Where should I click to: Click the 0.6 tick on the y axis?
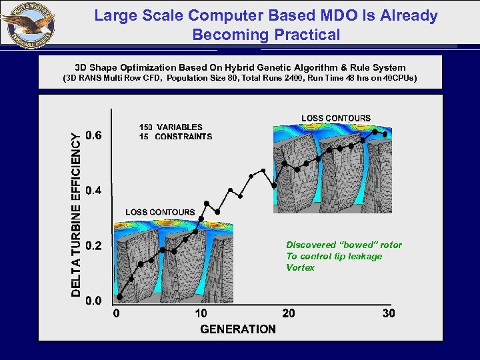pos(93,136)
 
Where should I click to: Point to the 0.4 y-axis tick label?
pos(93,191)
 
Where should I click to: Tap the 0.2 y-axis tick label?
pos(93,246)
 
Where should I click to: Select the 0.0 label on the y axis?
pos(93,301)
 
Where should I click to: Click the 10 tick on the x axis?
pos(201,313)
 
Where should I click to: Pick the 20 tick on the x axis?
pos(289,313)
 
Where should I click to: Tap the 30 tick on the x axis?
pos(388,313)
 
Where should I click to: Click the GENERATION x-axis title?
pos(238,329)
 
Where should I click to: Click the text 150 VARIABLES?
pos(170,127)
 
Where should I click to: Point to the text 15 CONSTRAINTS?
pos(175,137)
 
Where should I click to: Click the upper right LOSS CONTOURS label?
pos(336,118)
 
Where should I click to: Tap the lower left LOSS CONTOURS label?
pos(160,212)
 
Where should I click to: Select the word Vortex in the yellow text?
pos(300,267)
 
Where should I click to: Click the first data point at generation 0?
pos(119,296)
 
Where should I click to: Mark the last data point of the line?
pos(385,135)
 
